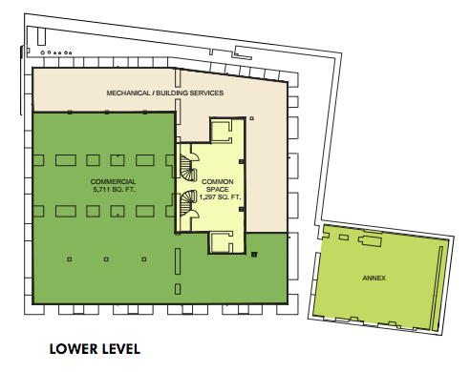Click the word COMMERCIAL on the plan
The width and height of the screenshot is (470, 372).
(113, 182)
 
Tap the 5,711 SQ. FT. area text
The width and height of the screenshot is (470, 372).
(114, 190)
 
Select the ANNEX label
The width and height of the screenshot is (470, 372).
(374, 278)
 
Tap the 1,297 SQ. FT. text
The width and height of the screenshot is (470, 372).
(220, 197)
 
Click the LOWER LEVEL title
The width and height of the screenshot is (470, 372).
(95, 349)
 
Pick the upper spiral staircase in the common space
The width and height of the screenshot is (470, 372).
(188, 168)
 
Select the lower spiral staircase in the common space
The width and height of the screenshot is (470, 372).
(188, 203)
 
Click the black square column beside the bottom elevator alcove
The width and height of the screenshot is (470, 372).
(254, 255)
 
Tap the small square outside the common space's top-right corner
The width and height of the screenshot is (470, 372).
(252, 118)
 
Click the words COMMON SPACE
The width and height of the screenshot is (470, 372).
(218, 186)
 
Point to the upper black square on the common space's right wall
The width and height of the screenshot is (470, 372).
(242, 162)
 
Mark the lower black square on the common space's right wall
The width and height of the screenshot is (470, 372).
(242, 209)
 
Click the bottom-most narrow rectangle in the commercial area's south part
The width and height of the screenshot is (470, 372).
(178, 289)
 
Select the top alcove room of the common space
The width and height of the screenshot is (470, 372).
(222, 131)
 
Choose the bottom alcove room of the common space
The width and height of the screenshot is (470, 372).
(222, 242)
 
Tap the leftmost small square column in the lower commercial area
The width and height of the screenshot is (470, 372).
(69, 259)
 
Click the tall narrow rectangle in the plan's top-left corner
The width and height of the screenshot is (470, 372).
(41, 36)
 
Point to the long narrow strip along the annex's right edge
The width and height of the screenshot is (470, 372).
(437, 288)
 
